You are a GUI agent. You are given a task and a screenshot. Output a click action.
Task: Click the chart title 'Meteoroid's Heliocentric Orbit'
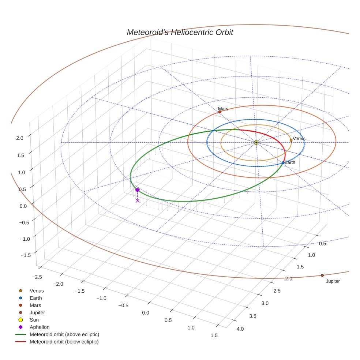point(180,32)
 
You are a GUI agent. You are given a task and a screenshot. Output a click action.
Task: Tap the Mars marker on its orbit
point(220,112)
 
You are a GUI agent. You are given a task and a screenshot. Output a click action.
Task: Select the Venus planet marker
point(291,140)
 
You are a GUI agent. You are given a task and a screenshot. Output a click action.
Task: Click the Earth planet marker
point(283,163)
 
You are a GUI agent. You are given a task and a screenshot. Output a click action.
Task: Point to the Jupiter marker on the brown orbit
point(322,275)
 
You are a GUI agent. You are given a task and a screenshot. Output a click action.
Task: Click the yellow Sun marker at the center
point(256,142)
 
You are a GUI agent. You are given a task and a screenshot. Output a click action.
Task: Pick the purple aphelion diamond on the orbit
point(137,190)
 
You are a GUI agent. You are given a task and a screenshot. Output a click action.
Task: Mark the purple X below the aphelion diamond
point(137,200)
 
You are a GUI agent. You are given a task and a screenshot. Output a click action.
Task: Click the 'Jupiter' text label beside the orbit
point(333,281)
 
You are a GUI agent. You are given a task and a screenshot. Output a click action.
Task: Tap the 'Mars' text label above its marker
point(223,109)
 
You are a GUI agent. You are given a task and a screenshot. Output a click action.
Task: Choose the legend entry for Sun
point(34,320)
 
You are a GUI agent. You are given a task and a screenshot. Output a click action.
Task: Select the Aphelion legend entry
point(40,327)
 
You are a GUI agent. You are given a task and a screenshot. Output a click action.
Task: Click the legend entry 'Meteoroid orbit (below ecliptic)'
point(64,342)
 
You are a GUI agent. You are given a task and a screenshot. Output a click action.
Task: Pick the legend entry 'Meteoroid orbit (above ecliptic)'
point(64,334)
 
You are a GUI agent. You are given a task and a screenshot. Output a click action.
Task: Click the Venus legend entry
point(37,290)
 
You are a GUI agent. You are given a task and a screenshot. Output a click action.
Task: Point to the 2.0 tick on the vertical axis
point(20,138)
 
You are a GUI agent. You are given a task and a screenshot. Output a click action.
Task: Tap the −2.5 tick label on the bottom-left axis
point(37,277)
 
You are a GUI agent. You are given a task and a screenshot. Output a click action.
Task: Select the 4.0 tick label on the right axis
point(240,329)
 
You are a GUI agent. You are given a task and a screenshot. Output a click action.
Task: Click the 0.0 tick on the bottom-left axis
point(146,313)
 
